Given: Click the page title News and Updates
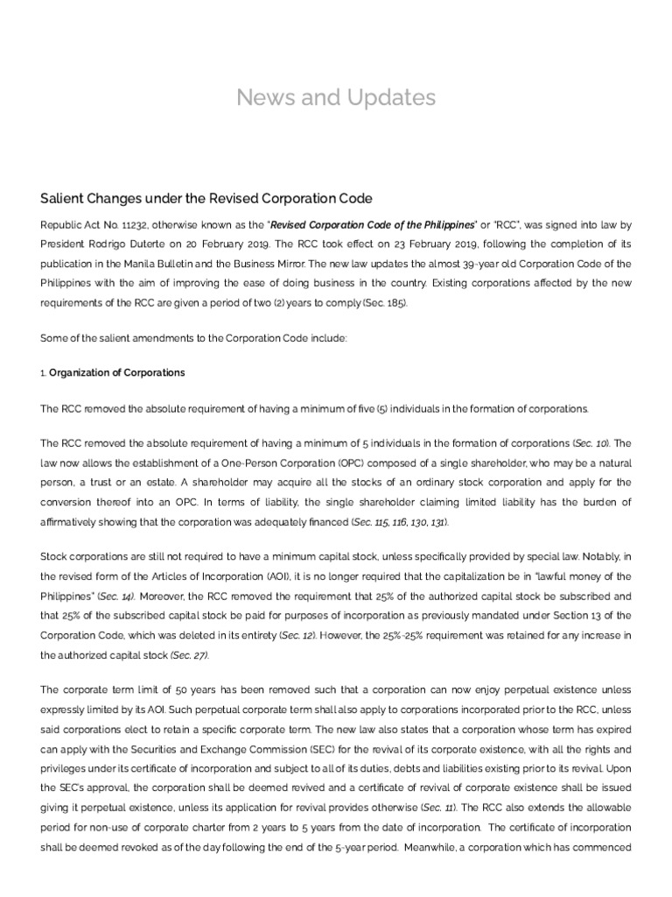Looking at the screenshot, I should [x=336, y=97].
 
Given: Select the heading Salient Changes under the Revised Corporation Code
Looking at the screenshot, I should [x=207, y=198].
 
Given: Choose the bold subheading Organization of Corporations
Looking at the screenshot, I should [x=117, y=372].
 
